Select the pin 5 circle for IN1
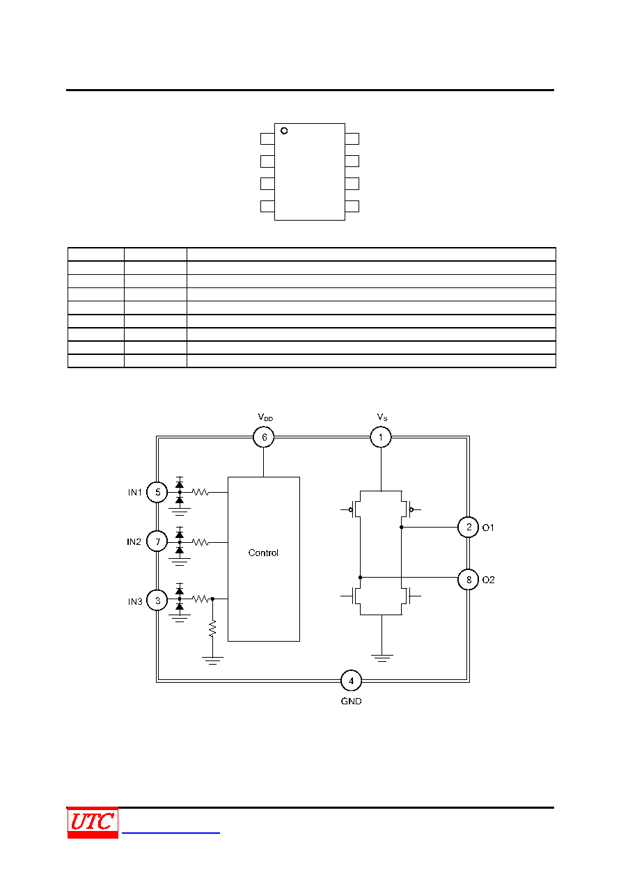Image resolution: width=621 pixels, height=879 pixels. tap(157, 492)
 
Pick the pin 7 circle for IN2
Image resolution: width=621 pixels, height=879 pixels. tap(157, 541)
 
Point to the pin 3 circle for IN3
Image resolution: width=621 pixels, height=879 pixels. tap(157, 601)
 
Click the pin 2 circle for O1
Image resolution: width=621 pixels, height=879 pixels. tap(469, 527)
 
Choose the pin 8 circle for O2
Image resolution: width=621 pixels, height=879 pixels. tap(469, 579)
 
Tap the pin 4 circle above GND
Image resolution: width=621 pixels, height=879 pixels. tap(351, 681)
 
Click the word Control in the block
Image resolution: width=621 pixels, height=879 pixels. tap(263, 553)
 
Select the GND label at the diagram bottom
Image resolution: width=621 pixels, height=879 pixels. tap(351, 702)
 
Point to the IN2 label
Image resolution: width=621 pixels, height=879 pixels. tap(134, 542)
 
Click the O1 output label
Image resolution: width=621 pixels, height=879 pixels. tap(488, 528)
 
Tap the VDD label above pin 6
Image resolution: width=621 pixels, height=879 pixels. tap(265, 417)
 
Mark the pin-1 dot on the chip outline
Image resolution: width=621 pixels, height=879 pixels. tap(284, 131)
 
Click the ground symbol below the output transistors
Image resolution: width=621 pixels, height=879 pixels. tap(382, 658)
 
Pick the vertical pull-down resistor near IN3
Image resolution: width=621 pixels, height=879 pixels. tap(212, 628)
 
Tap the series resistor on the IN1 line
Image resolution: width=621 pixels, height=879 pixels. tap(201, 492)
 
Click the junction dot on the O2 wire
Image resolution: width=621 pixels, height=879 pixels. tap(361, 577)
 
